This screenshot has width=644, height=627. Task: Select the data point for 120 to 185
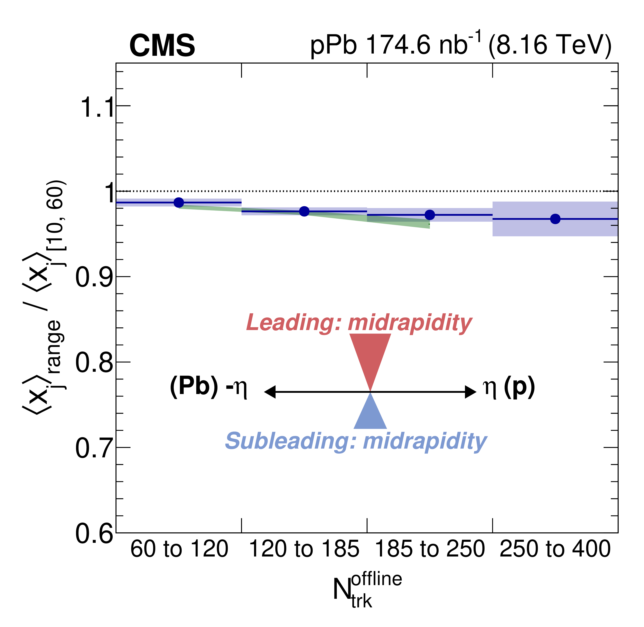coord(304,211)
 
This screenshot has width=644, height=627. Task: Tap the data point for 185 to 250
coord(430,215)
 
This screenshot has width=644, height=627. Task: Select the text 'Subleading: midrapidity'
coord(356,441)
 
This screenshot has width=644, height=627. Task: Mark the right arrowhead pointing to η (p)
coord(471,392)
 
